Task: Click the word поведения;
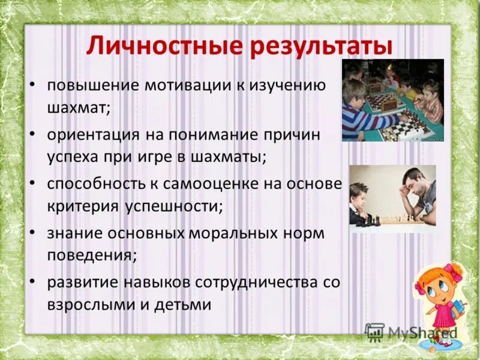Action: click(92, 255)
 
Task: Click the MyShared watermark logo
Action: click(412, 332)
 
